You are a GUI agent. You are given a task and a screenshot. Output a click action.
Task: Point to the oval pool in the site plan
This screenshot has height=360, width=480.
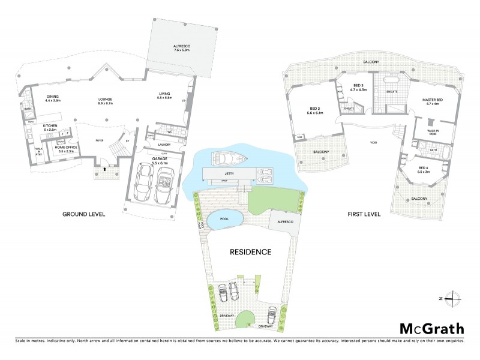pos(224,220)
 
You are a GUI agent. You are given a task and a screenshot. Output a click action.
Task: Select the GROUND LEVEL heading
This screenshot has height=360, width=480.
pos(84,214)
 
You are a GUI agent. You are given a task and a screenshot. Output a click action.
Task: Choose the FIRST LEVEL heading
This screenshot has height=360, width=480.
pos(364,214)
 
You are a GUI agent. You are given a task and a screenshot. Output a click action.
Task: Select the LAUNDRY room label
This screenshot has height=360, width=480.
pos(164,145)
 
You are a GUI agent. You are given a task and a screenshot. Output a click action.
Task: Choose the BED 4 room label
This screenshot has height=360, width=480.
pos(424,169)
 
